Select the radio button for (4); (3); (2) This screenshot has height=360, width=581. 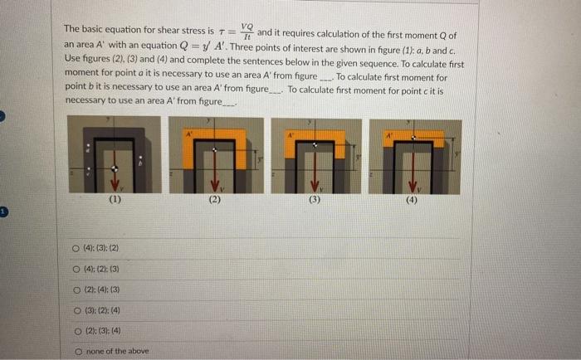click(x=76, y=248)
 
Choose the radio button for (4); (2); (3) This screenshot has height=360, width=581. click(x=76, y=269)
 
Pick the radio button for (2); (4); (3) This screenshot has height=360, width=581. click(x=76, y=289)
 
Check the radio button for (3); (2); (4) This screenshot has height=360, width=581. click(x=76, y=310)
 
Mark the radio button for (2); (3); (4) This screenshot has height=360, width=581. click(x=76, y=331)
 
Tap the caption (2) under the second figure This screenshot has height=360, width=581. click(x=215, y=200)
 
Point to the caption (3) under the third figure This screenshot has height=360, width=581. click(x=314, y=200)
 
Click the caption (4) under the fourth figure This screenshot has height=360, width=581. click(x=413, y=200)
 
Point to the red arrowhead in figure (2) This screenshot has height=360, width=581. click(x=215, y=186)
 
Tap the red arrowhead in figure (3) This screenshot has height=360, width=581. click(x=314, y=186)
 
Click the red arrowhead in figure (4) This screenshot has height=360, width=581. click(x=413, y=186)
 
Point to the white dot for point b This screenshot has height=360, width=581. click(x=139, y=158)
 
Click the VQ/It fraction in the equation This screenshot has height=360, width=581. click(x=247, y=31)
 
